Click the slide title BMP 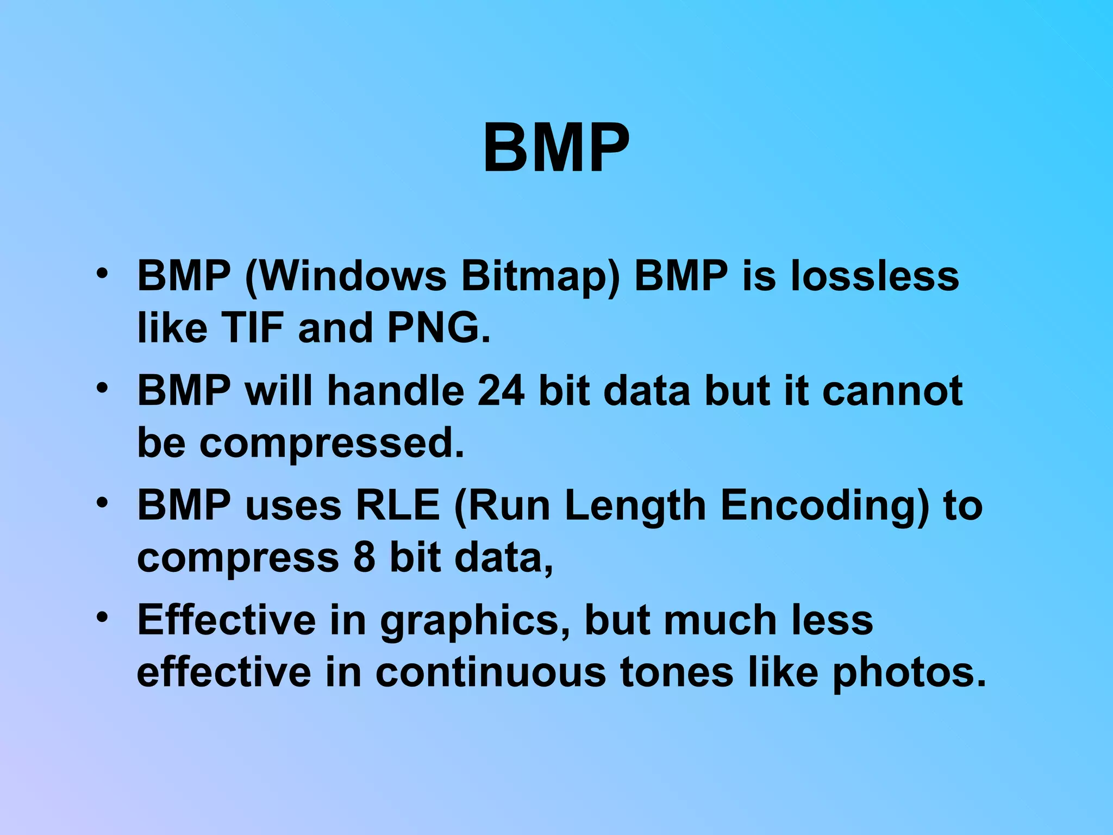(556, 148)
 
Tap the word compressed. (332, 443)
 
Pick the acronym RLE (397, 505)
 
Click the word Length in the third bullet (635, 505)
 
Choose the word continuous (490, 672)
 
